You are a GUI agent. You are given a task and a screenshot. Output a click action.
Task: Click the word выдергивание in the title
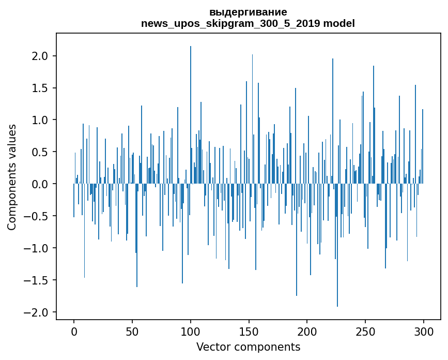pos(248,12)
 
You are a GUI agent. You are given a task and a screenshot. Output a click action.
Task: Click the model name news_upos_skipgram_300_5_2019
pos(230,23)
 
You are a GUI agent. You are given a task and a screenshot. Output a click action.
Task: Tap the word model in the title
pos(339,23)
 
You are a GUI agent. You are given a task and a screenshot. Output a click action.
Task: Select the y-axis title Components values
pos(11,177)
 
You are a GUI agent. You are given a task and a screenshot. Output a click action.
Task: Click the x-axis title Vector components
pos(248,347)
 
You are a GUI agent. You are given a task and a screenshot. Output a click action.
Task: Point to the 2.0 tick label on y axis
pos(40,56)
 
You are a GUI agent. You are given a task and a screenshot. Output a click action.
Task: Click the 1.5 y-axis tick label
pos(40,88)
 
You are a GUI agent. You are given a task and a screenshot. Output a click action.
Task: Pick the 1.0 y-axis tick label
pos(40,120)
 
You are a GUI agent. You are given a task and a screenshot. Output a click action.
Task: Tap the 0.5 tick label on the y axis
pos(40,152)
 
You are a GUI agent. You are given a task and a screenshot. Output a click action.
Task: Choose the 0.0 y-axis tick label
pos(40,184)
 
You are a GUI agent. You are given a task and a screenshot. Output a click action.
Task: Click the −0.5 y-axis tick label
pos(36,216)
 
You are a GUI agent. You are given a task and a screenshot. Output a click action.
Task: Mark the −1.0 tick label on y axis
pos(36,248)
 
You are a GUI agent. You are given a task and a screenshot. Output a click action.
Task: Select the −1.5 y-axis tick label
pos(36,280)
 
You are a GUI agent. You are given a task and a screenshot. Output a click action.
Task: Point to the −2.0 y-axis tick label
pos(36,312)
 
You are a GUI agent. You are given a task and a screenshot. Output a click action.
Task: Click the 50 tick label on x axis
pos(132,332)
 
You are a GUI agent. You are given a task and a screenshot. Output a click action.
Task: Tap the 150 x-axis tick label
pos(249,332)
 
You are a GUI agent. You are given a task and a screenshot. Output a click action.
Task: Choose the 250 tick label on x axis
pos(365,332)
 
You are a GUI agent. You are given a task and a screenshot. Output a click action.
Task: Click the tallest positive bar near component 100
pos(191,115)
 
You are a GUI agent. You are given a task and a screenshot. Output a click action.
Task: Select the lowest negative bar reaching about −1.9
pos(337,245)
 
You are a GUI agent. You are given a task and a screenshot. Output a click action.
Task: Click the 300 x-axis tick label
pos(423,332)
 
